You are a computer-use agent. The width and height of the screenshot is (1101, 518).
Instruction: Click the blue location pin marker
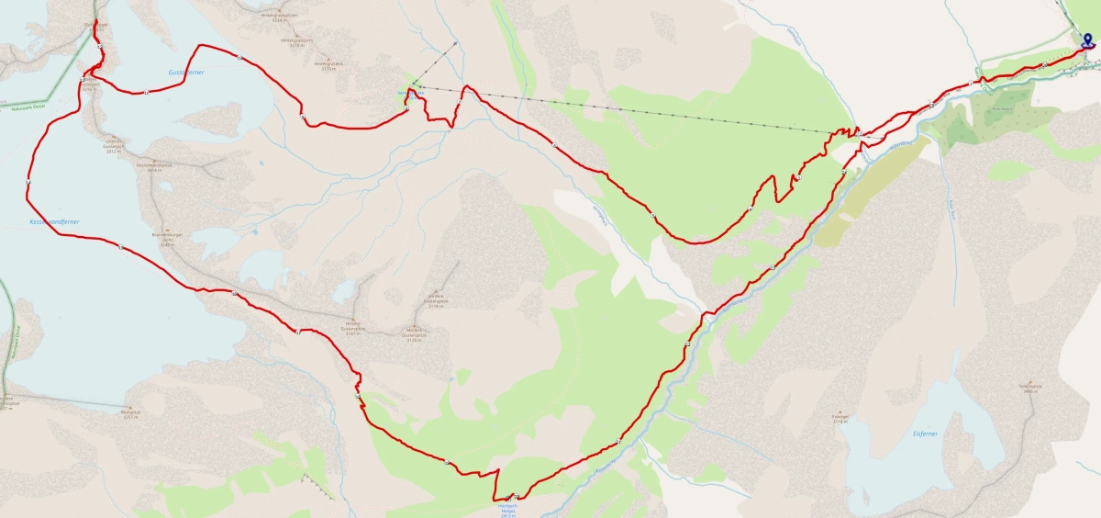(1087, 39)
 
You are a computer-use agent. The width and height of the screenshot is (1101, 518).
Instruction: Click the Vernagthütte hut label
(405, 92)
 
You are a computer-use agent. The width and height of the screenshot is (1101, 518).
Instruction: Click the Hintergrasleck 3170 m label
(328, 66)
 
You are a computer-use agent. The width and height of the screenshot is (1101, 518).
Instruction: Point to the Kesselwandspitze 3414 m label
(149, 168)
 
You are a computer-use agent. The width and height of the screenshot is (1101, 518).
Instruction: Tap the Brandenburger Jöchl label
(168, 238)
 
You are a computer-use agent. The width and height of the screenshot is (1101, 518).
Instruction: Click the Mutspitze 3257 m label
(136, 418)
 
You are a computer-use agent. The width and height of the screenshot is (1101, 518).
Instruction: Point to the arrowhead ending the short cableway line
(454, 43)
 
